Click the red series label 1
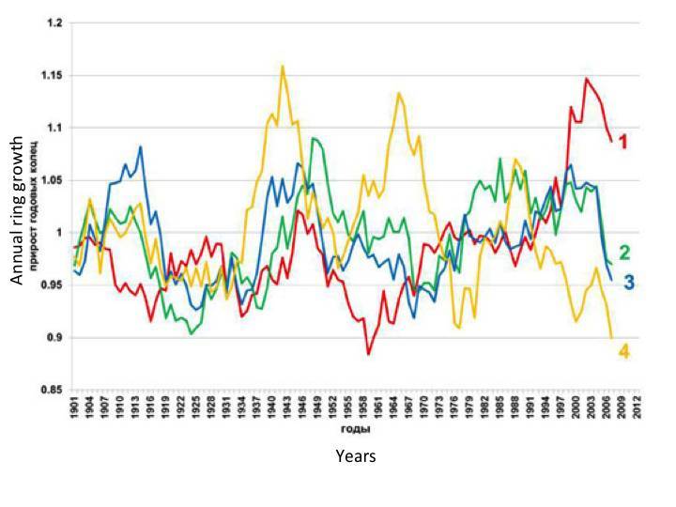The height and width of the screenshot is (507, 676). (x=622, y=142)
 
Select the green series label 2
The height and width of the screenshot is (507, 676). (x=624, y=252)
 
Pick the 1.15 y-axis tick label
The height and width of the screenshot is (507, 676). (x=53, y=75)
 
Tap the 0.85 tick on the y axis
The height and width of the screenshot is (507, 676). (x=53, y=389)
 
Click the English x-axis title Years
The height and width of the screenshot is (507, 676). (x=356, y=456)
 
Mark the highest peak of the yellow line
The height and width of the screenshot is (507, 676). (x=283, y=66)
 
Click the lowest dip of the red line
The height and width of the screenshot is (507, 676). (x=369, y=354)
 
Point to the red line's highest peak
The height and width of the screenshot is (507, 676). (x=586, y=79)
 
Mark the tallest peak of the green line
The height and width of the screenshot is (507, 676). (x=314, y=138)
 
